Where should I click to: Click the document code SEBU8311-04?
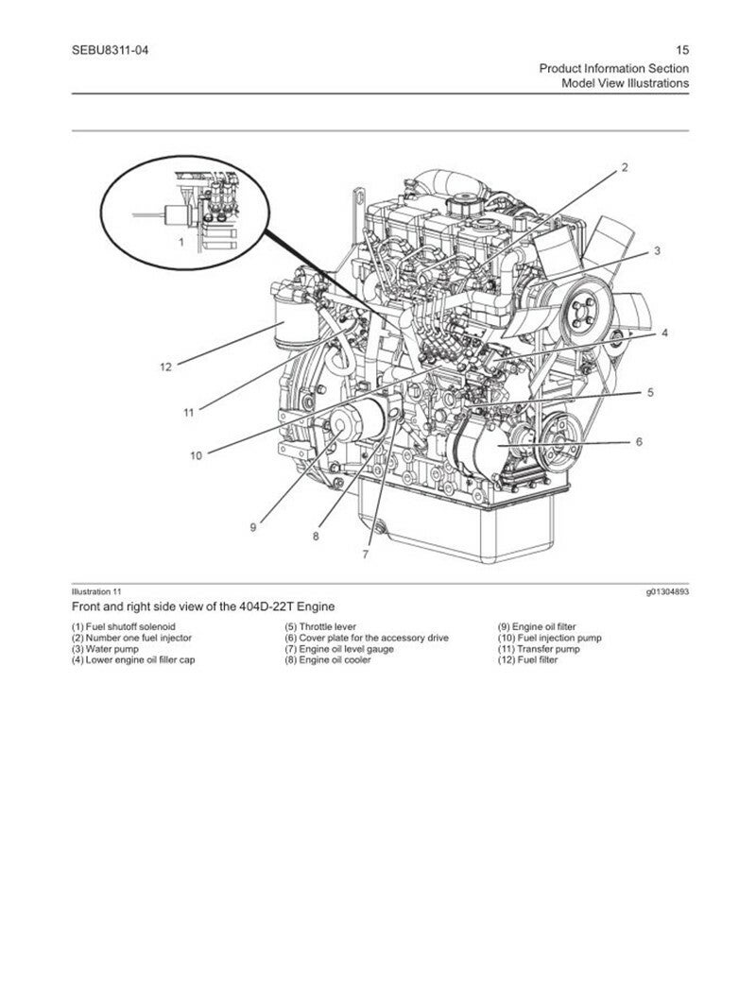point(110,50)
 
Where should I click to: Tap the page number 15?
point(682,50)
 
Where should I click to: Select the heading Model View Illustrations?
point(625,83)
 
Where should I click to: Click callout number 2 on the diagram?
point(624,168)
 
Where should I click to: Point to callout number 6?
point(639,441)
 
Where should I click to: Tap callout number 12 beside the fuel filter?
point(165,367)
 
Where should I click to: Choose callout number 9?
point(252,527)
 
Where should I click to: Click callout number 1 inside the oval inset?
point(180,242)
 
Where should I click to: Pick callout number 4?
point(664,333)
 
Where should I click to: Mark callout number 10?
point(196,454)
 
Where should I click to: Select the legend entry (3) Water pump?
point(105,649)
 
